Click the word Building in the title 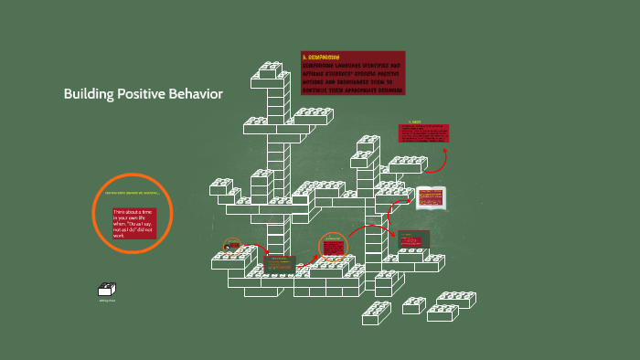coord(89,94)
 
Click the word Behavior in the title coord(195,94)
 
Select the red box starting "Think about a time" coord(134,223)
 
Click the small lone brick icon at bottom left coord(107,289)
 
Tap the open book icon coord(430,196)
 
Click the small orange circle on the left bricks coord(233,246)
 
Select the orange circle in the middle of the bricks coord(334,246)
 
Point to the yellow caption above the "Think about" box coord(133,193)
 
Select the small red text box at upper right coord(422,132)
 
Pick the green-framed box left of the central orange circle coord(280,264)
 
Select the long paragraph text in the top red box coord(352,77)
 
